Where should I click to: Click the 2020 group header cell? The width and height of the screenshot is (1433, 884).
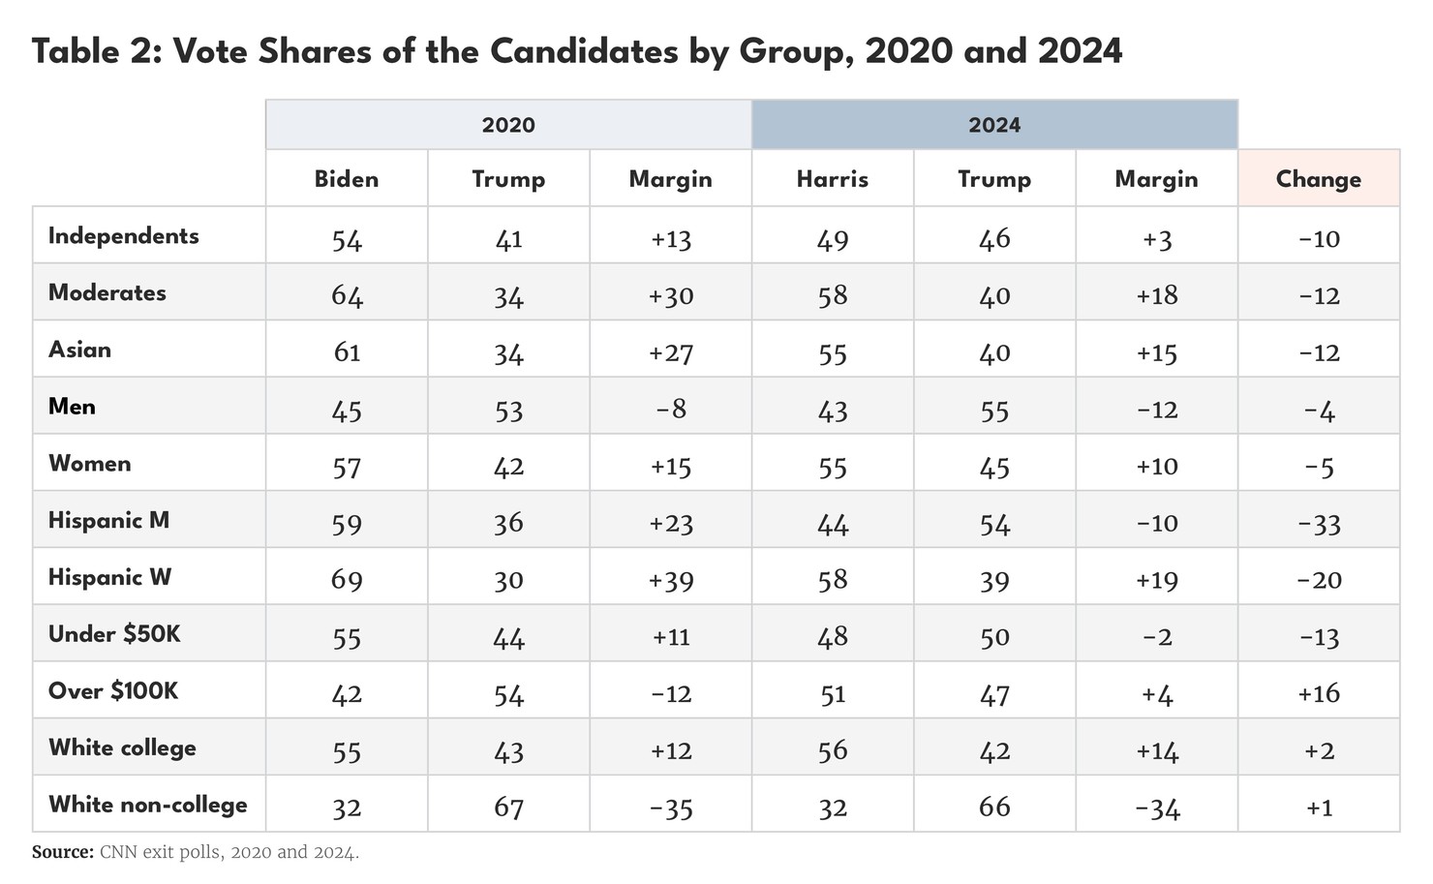coord(508,125)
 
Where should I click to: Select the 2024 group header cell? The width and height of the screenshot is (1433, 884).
coord(994,125)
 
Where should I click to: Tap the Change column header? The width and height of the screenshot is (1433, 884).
coord(1318,179)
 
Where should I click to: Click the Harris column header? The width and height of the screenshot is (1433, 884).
coord(832,179)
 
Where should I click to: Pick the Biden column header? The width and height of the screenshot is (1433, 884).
coord(347,179)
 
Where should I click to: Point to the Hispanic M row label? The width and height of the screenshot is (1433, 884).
coord(108,520)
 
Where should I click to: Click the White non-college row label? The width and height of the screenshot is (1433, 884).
coord(147,805)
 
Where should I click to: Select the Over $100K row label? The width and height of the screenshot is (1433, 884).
coord(113,691)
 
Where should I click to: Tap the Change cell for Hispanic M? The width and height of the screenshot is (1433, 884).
coord(1319,524)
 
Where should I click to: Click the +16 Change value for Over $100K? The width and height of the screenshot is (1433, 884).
coord(1319,693)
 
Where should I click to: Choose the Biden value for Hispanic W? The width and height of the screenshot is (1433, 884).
coord(347,580)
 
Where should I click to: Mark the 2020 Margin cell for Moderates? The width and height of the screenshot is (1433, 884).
coord(670,295)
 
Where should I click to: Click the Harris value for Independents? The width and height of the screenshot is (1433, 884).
coord(832,239)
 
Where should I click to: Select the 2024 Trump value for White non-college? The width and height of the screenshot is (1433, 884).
coord(994,807)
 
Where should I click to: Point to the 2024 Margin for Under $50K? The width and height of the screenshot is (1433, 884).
coord(1156,637)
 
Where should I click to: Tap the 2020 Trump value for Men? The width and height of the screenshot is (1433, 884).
coord(508,410)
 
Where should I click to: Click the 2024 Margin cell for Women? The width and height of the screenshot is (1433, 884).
coord(1156,467)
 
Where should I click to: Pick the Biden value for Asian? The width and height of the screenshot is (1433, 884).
coord(347,352)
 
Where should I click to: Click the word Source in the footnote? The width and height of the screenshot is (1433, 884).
coord(61,853)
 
